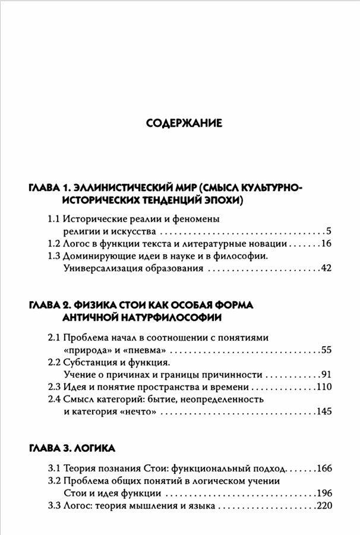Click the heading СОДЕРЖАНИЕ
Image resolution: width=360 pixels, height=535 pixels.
[x=184, y=124]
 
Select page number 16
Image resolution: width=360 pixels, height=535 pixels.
[x=325, y=244]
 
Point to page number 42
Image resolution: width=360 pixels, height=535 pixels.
[x=324, y=269]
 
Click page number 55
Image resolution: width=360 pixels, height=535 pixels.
[x=325, y=350]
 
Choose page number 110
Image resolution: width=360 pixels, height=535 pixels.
[x=323, y=387]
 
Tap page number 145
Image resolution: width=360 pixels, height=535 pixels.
[x=323, y=412]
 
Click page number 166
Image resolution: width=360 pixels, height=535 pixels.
[x=323, y=468]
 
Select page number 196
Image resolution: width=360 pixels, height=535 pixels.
[x=323, y=493]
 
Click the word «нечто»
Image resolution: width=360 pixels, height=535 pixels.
[x=135, y=412]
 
